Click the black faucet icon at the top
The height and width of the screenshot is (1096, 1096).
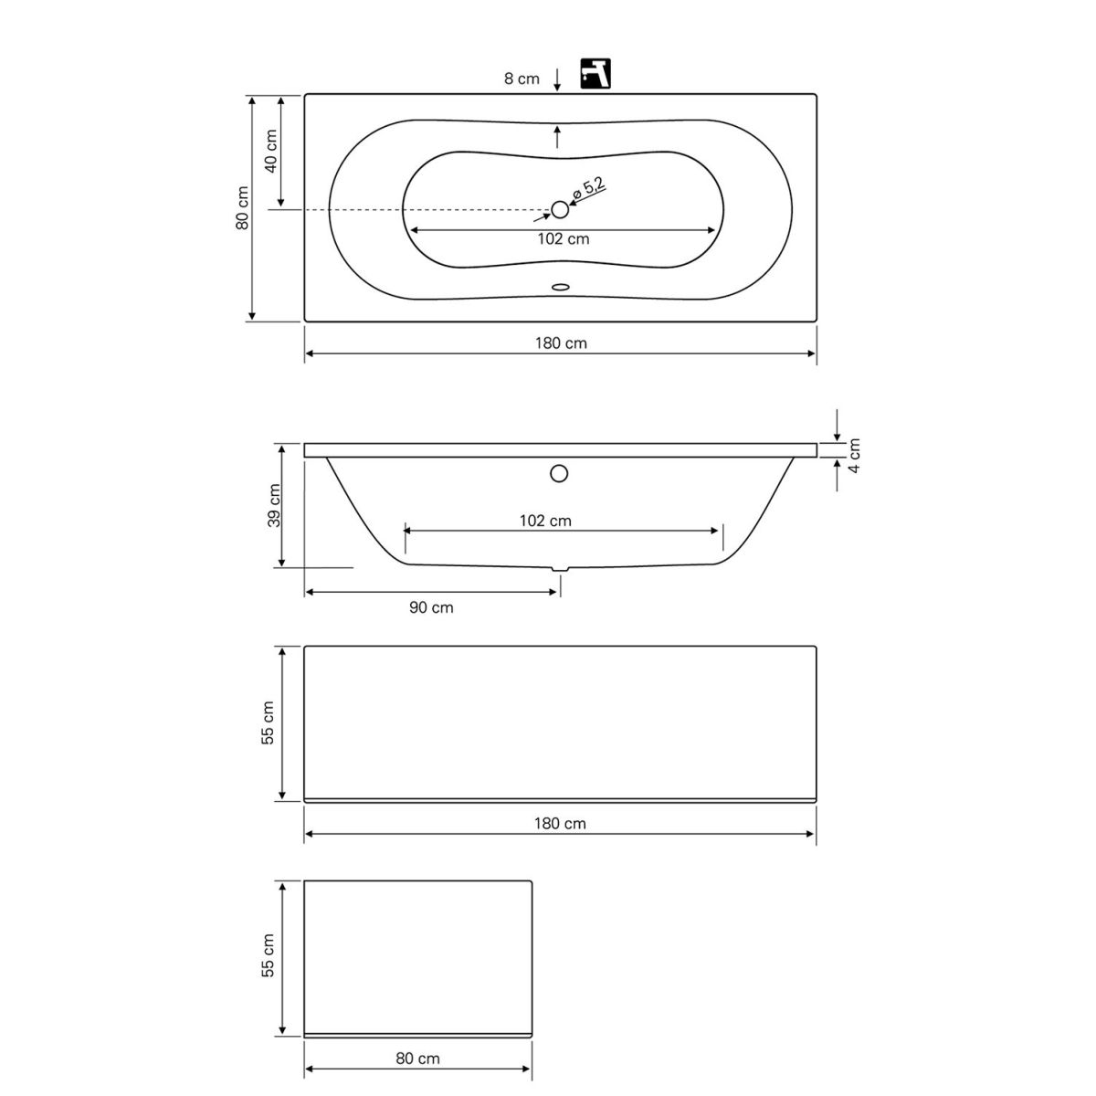(x=595, y=73)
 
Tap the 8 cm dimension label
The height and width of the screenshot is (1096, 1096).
(x=522, y=79)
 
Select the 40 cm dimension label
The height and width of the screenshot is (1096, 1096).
(x=270, y=152)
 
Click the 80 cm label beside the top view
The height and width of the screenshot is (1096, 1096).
(x=243, y=207)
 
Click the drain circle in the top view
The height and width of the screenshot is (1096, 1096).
(x=560, y=210)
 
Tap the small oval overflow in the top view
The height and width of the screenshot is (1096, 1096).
(x=560, y=287)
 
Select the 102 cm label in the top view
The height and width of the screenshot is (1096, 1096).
(x=564, y=239)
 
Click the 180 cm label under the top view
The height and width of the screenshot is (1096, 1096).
(x=561, y=343)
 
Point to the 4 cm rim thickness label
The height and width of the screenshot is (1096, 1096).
(x=854, y=455)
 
